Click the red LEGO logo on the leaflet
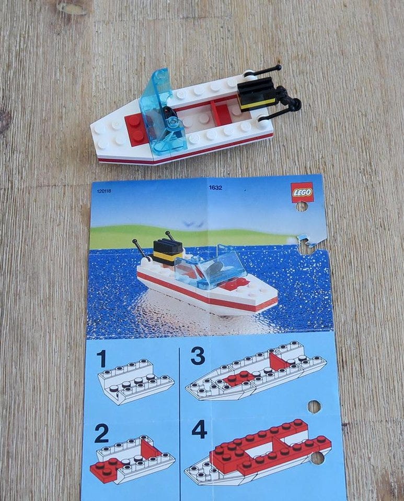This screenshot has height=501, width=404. (302, 192)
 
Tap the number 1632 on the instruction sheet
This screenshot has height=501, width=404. (216, 187)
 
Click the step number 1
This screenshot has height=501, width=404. (101, 359)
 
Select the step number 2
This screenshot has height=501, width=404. (101, 433)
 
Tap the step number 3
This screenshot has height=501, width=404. (198, 356)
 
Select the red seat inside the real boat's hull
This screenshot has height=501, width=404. (221, 113)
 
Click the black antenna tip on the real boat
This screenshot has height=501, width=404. (279, 67)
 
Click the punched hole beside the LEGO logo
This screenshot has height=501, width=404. (302, 207)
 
